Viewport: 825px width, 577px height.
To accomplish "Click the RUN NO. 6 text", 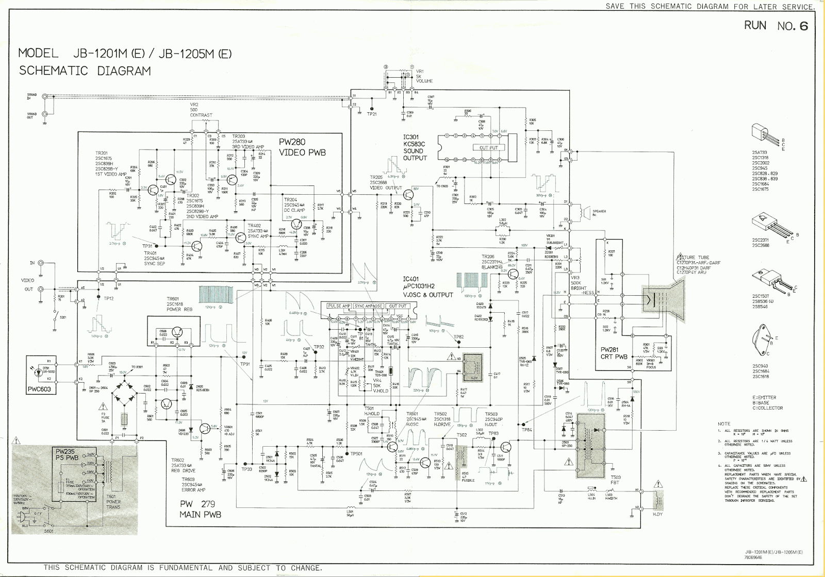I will pyautogui.click(x=775, y=26).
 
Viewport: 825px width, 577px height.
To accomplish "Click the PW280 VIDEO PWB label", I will pyautogui.click(x=302, y=147).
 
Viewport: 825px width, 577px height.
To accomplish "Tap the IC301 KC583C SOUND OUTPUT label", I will pyautogui.click(x=415, y=147).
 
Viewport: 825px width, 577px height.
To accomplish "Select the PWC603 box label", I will pyautogui.click(x=39, y=389).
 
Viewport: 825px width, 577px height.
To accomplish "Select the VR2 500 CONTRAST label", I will pyautogui.click(x=201, y=110).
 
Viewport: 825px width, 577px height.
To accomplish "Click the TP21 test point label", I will pyautogui.click(x=372, y=114).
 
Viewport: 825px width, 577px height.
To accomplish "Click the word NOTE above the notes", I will pyautogui.click(x=724, y=423).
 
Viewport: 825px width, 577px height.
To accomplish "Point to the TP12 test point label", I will pyautogui.click(x=109, y=299).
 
